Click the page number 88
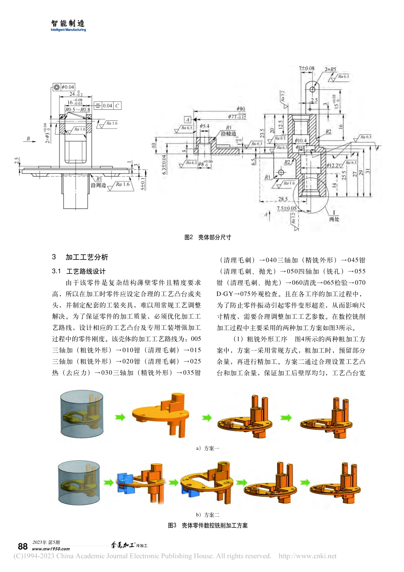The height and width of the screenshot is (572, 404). pos(23,546)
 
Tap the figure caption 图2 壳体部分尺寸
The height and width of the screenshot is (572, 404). pos(208,237)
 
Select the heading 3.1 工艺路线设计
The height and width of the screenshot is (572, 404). pos(79,271)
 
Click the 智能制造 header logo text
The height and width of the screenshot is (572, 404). pos(68,24)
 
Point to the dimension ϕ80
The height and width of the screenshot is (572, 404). pos(241,109)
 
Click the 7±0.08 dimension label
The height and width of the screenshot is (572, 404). pos(307,68)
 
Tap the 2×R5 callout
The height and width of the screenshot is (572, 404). pos(330,69)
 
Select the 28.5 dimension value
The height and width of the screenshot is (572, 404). pos(283,199)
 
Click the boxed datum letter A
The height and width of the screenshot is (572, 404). pos(188,120)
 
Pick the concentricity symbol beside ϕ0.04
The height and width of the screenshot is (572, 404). pos(57,87)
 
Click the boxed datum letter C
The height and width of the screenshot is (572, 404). pos(117,106)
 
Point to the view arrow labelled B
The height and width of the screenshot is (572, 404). pos(28,139)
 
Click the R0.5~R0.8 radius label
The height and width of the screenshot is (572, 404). pos(77,110)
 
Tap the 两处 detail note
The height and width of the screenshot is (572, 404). pos(334,219)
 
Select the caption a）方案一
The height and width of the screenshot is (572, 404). pos(208,448)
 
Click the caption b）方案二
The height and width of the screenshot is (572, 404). pos(208,515)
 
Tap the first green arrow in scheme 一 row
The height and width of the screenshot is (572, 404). pos(120,417)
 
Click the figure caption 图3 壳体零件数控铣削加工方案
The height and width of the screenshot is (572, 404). pos(208,526)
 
